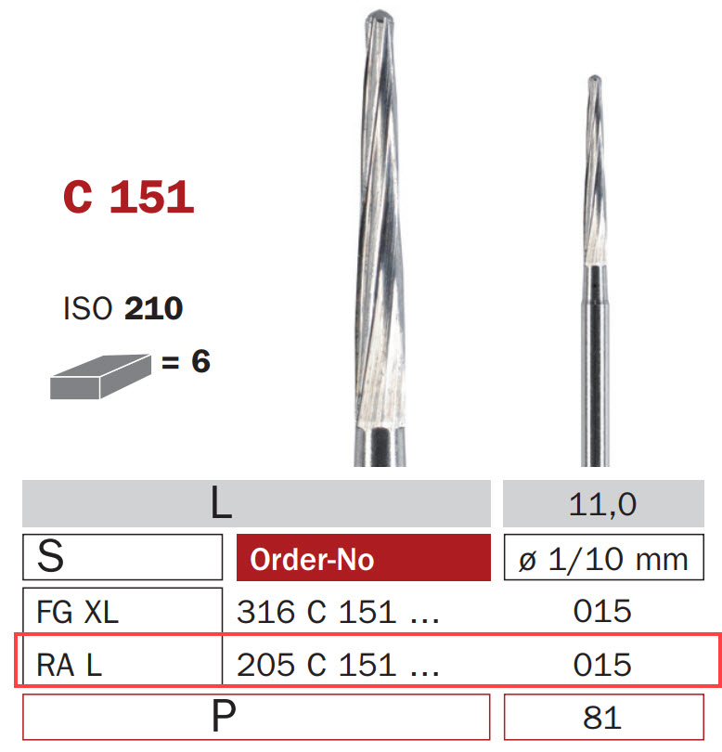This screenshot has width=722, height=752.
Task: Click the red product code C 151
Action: (128, 197)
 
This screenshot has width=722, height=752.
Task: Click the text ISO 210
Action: (122, 308)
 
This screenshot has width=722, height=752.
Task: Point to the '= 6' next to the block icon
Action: (187, 361)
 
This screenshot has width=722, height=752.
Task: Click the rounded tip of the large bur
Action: (380, 17)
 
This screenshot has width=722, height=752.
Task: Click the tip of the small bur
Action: (595, 81)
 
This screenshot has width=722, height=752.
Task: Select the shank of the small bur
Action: (596, 371)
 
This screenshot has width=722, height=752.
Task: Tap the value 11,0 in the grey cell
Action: (602, 504)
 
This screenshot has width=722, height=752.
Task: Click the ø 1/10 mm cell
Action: (602, 559)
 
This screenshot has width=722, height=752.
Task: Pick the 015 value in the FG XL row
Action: (602, 611)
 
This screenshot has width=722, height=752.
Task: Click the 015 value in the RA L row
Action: (602, 664)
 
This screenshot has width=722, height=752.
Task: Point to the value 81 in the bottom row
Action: (602, 717)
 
